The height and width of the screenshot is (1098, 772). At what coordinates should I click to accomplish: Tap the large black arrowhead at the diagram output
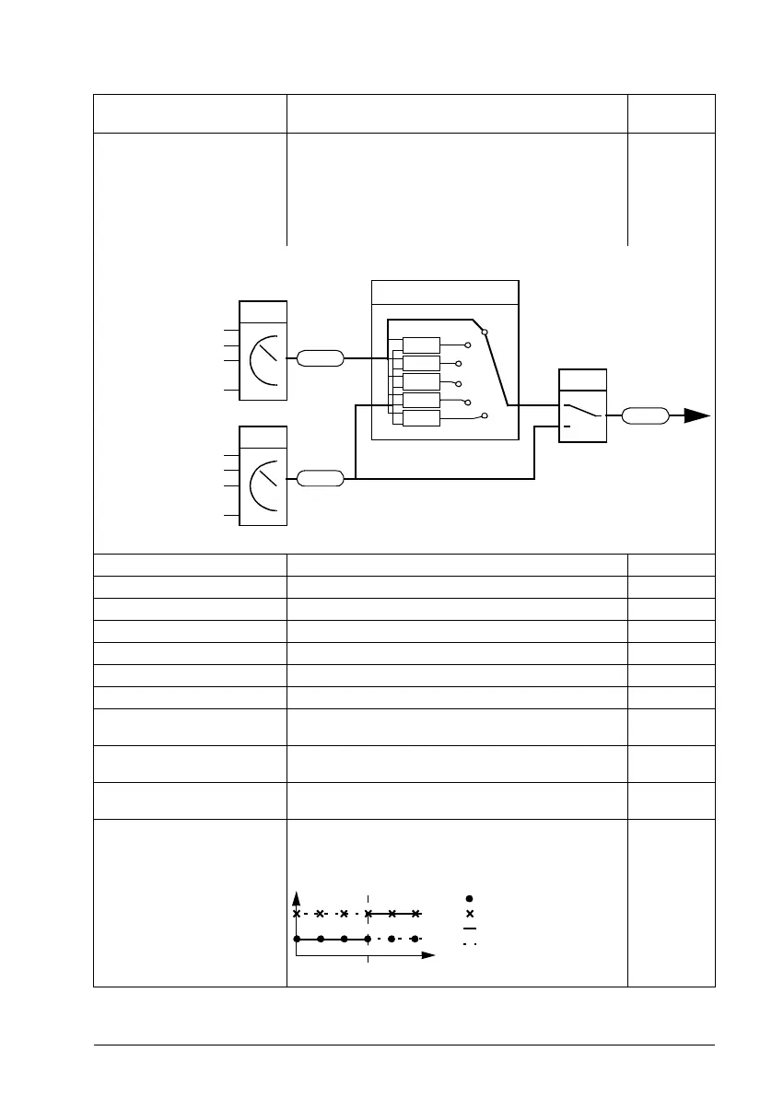point(697,416)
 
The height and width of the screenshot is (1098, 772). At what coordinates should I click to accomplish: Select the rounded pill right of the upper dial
point(320,357)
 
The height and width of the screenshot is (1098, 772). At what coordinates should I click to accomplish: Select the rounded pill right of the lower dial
point(320,478)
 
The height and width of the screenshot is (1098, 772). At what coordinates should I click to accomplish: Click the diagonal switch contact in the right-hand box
point(583,411)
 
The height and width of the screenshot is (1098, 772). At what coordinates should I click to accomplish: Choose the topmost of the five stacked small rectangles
point(421,345)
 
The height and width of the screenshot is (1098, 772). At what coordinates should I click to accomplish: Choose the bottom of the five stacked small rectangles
point(421,419)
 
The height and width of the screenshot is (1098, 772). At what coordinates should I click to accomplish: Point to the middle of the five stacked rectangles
point(421,382)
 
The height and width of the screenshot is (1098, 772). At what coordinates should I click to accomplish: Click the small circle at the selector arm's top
point(485,332)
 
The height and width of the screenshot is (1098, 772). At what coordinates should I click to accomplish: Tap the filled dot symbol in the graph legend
point(470,897)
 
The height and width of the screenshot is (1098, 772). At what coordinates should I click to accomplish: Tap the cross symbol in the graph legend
point(470,914)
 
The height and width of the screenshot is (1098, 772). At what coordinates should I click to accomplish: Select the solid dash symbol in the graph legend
point(470,929)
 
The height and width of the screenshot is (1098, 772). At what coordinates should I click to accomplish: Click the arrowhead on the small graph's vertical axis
point(297,897)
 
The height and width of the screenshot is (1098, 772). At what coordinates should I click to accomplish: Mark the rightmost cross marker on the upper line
point(415,914)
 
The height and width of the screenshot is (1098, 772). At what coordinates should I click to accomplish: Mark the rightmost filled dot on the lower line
point(415,940)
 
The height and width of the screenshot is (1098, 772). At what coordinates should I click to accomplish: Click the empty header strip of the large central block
point(445,291)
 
